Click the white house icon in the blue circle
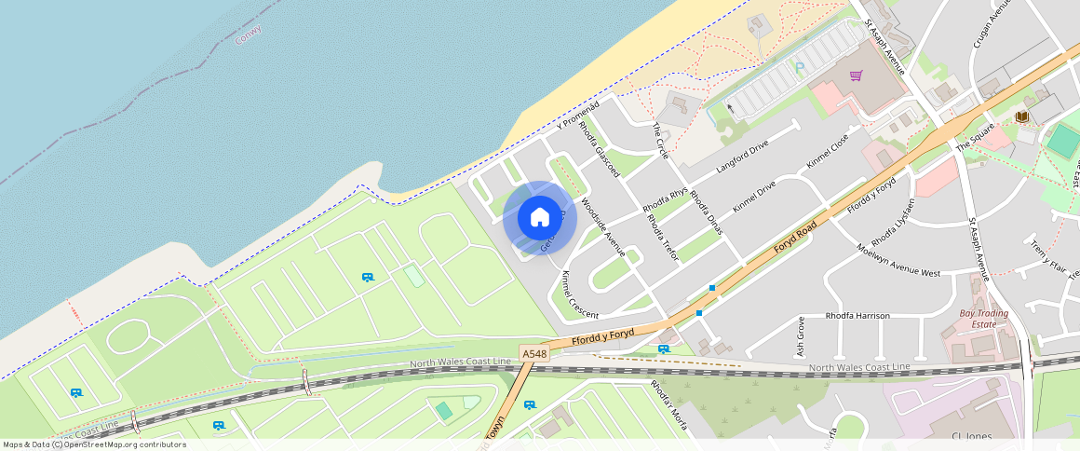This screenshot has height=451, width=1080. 539,218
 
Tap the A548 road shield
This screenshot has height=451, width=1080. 534,354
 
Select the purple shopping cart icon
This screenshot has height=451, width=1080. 856,75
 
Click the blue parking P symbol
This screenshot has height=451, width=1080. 799,67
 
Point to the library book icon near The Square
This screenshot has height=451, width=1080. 1022,116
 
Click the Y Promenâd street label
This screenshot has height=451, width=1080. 578,114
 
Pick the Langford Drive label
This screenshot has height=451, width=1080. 742,157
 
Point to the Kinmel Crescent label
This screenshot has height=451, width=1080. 580,295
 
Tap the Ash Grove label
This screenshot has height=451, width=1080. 800,337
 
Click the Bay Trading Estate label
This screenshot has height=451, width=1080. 984,319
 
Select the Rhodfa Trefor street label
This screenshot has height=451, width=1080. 663,237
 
